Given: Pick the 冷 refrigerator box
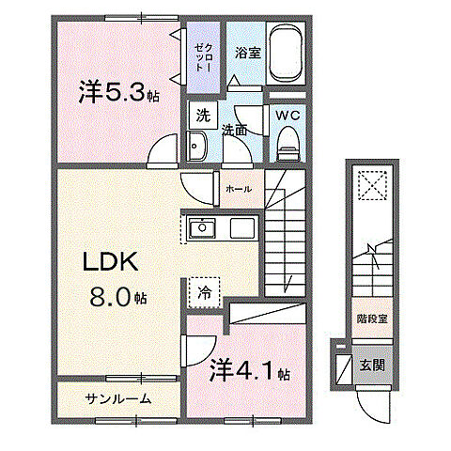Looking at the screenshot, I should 202,291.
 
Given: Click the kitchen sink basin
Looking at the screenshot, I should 202,228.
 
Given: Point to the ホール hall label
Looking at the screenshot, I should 239,189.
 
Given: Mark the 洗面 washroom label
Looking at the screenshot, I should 234,131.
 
